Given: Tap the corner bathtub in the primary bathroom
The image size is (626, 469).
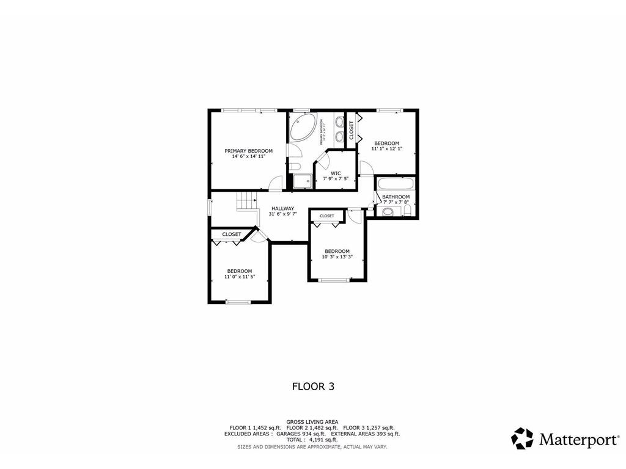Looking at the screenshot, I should [x=302, y=128].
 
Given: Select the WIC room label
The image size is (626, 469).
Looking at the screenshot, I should [x=336, y=173].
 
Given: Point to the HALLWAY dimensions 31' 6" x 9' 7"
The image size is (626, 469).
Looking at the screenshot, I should [x=283, y=214].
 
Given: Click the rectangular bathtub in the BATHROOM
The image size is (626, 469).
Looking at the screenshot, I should [x=396, y=184].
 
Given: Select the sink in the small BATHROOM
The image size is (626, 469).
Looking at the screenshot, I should [x=388, y=212].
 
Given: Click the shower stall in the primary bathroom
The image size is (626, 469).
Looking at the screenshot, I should [x=301, y=181].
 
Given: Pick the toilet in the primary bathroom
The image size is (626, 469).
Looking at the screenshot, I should [x=294, y=166].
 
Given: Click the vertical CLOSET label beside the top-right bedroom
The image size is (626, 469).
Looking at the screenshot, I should [x=351, y=129].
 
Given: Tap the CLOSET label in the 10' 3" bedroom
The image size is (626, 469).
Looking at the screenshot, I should [x=326, y=216].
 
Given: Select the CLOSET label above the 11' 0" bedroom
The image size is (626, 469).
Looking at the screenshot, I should [x=231, y=234].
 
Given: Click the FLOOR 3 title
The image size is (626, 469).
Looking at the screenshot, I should [x=312, y=386].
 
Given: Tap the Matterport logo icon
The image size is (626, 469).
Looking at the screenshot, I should [x=522, y=438].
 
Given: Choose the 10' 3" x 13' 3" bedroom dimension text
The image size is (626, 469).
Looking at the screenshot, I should [x=337, y=257].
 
